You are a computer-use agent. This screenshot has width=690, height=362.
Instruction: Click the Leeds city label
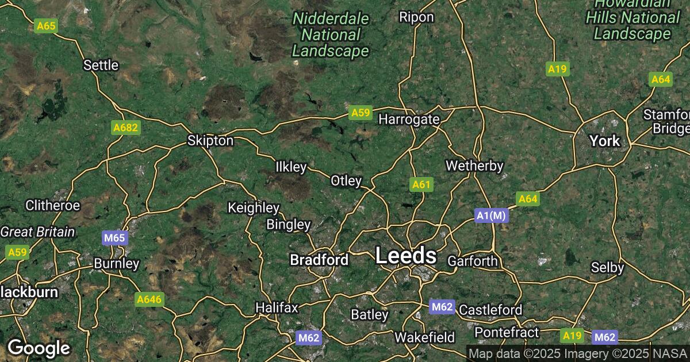tap(405, 256)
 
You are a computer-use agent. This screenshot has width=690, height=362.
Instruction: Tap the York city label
tap(605, 141)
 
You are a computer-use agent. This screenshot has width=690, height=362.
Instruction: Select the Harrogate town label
tap(409, 120)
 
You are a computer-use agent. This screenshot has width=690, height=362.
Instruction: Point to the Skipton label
tap(210, 141)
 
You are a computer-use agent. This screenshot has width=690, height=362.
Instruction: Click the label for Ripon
tap(416, 17)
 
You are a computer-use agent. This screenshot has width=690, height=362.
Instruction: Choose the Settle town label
tap(101, 65)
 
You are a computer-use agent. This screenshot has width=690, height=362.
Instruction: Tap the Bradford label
tap(319, 260)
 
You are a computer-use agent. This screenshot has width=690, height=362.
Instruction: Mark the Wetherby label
tap(474, 166)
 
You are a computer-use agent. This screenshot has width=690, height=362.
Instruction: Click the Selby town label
tap(608, 267)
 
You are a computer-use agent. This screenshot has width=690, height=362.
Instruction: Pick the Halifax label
tap(277, 307)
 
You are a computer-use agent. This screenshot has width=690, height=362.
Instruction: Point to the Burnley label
tap(117, 264)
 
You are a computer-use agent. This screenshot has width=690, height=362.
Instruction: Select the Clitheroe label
tap(53, 205)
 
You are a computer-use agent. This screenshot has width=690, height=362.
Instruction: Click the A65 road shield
tap(45, 26)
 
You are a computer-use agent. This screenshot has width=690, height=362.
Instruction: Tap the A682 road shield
tap(125, 128)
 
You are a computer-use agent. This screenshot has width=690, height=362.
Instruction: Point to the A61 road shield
tap(421, 184)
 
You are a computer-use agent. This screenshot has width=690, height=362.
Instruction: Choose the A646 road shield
tap(149, 299)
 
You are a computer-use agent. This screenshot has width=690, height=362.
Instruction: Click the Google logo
tap(39, 348)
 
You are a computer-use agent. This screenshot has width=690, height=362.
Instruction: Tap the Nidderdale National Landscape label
tap(330, 34)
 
